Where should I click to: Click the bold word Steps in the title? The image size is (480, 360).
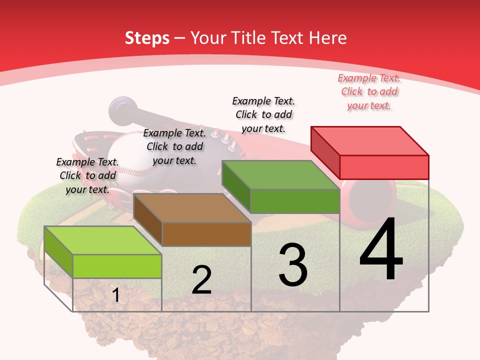(146, 38)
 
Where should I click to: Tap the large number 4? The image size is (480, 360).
(381, 250)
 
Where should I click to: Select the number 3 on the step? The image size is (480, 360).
(292, 265)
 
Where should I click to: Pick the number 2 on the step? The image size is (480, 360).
(201, 280)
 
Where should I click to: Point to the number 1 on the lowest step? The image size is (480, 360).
(115, 295)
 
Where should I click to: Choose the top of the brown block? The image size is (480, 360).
(192, 208)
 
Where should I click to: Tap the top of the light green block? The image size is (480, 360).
(103, 240)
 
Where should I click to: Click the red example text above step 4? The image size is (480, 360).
(369, 92)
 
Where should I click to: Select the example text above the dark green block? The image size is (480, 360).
(263, 115)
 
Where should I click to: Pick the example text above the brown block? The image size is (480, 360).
(174, 147)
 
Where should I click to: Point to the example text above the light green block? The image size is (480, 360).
(87, 176)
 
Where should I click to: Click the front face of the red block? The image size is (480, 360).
(384, 167)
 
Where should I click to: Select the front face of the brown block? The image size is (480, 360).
(206, 234)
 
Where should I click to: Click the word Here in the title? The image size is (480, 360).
(328, 38)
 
